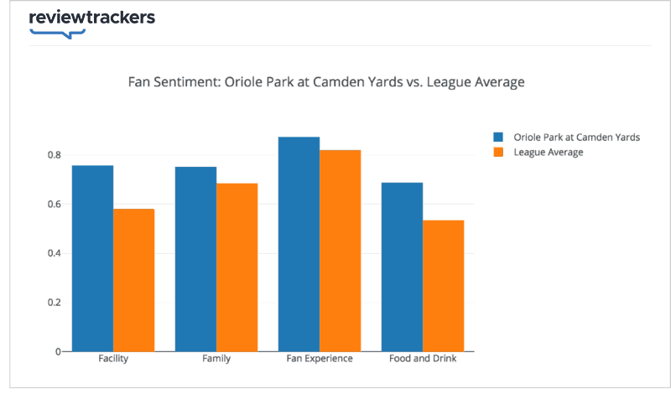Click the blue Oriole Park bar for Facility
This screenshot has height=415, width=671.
click(x=92, y=258)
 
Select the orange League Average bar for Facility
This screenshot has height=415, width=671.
click(x=134, y=280)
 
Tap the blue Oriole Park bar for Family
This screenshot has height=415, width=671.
click(x=195, y=259)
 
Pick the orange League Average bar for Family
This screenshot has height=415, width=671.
click(x=237, y=267)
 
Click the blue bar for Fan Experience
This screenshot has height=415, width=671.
click(x=299, y=244)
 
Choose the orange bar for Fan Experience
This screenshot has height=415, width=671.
click(x=341, y=251)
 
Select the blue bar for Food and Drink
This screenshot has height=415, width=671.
click(x=402, y=267)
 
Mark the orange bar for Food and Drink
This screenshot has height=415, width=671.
click(x=444, y=286)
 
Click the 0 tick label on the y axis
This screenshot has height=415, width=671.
click(x=58, y=352)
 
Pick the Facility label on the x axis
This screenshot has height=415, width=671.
click(x=113, y=359)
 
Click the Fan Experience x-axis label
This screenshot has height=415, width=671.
click(x=320, y=359)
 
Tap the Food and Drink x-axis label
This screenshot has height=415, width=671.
click(x=423, y=359)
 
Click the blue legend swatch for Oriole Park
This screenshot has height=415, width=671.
click(x=498, y=137)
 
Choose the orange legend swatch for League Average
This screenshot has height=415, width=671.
click(x=498, y=152)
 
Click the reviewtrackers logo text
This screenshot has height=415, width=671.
click(x=91, y=18)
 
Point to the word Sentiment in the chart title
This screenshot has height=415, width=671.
click(x=190, y=82)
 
